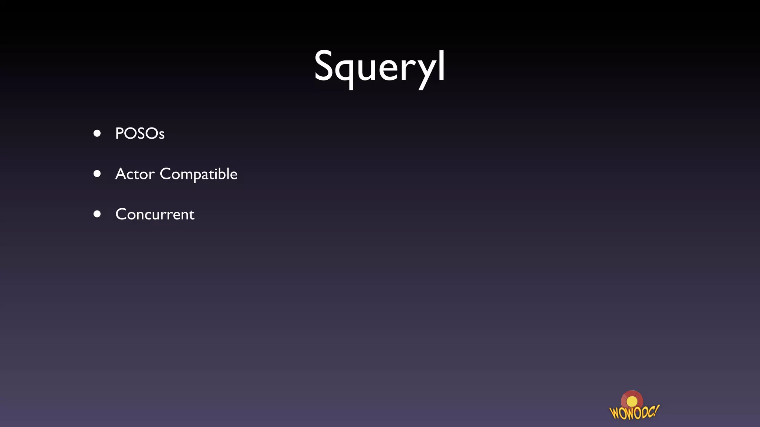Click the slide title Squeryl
[379, 67]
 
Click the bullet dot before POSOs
[97, 133]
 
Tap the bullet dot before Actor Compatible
[97, 173]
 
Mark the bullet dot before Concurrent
[97, 214]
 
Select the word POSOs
[140, 133]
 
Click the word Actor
[135, 174]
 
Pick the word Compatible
[199, 174]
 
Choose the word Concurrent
[155, 214]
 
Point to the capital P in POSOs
[120, 133]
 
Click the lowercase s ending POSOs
[161, 135]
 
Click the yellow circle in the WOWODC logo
[632, 401]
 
